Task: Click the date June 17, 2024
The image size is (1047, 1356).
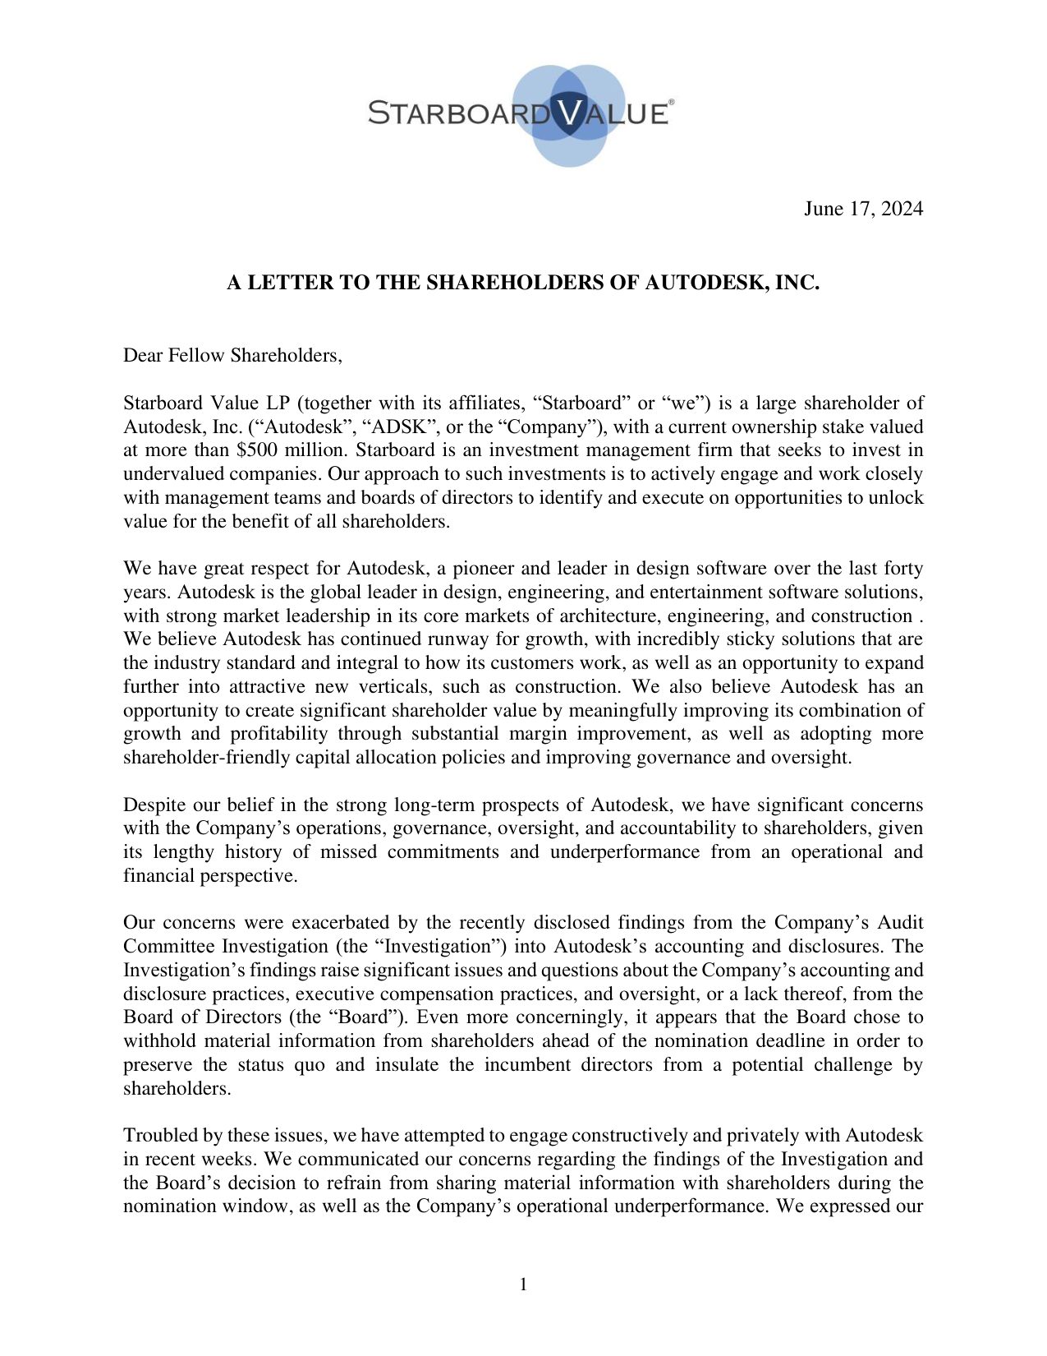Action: pos(862,209)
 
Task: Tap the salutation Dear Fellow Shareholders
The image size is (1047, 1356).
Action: pos(232,356)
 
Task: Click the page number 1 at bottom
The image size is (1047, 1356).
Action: pos(523,1284)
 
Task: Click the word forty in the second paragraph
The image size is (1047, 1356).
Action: pos(903,569)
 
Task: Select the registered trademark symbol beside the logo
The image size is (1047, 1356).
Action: pos(672,102)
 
